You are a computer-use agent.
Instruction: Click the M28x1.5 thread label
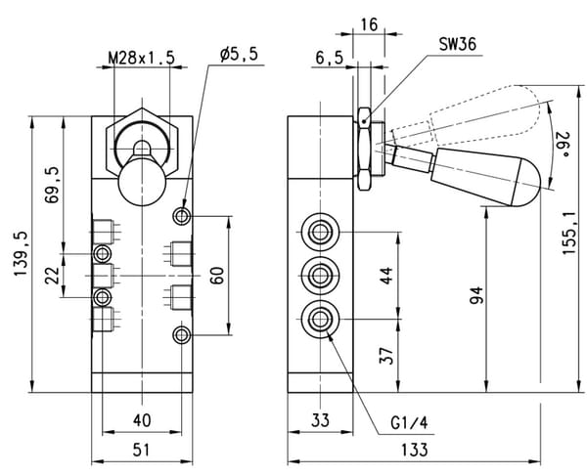[142, 59]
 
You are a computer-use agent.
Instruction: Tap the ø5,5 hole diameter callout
[239, 55]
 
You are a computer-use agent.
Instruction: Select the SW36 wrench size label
[458, 45]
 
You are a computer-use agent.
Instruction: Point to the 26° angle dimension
[562, 144]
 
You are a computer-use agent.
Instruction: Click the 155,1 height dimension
[568, 234]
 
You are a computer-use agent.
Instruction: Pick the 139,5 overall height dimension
[21, 254]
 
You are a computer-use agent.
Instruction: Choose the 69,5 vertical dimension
[52, 185]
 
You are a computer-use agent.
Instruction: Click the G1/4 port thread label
[408, 423]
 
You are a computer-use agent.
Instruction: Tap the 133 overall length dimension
[415, 450]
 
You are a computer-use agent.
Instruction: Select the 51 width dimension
[142, 450]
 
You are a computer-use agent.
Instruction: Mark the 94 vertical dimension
[476, 295]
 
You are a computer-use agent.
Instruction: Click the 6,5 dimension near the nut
[329, 59]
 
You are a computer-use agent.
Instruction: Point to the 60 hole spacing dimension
[217, 276]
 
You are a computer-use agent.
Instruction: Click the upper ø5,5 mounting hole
[182, 216]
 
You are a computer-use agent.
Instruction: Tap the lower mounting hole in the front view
[182, 335]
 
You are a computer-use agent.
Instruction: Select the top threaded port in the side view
[320, 233]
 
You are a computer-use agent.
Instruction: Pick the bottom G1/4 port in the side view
[320, 319]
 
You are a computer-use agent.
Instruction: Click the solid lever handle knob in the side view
[486, 177]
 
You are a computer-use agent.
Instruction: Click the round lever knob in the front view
[142, 182]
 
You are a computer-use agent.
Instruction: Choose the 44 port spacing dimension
[386, 276]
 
